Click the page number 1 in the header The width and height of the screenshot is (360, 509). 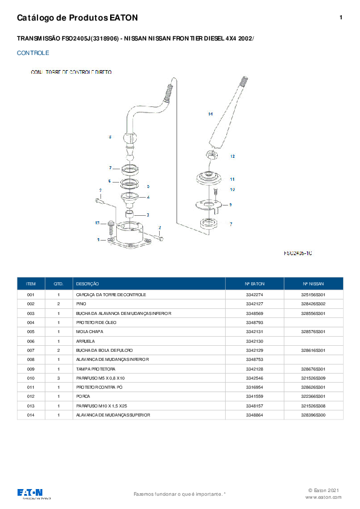(x=341, y=18)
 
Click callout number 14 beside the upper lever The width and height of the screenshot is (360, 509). (x=211, y=114)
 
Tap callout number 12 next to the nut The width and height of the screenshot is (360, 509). (x=232, y=156)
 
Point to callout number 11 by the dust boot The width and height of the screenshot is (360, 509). (x=232, y=179)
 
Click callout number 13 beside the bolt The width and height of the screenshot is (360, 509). (x=97, y=223)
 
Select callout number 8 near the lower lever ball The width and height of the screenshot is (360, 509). (x=110, y=137)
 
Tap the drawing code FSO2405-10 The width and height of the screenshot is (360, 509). (x=298, y=253)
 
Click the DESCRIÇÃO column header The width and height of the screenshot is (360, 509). (x=87, y=283)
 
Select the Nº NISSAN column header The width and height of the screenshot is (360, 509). (x=313, y=283)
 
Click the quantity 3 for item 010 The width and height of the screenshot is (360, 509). (x=59, y=378)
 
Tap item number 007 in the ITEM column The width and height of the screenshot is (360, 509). (x=31, y=350)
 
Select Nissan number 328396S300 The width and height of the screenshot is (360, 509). (x=313, y=415)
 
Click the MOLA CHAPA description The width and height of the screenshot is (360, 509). (x=89, y=331)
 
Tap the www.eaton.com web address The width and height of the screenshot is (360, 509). (x=324, y=497)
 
